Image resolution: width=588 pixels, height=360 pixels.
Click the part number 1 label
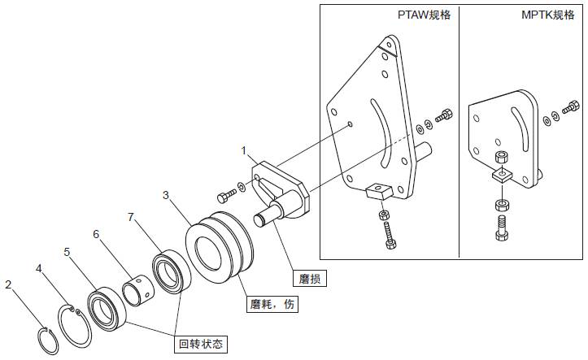pyautogui.click(x=243, y=151)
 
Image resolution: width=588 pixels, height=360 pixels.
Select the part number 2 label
pyautogui.click(x=8, y=285)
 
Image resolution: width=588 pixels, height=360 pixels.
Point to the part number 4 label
pyautogui.click(x=37, y=267)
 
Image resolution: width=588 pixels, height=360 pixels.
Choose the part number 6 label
pyautogui.click(x=96, y=235)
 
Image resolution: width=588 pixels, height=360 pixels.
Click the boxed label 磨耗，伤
pyautogui.click(x=270, y=306)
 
